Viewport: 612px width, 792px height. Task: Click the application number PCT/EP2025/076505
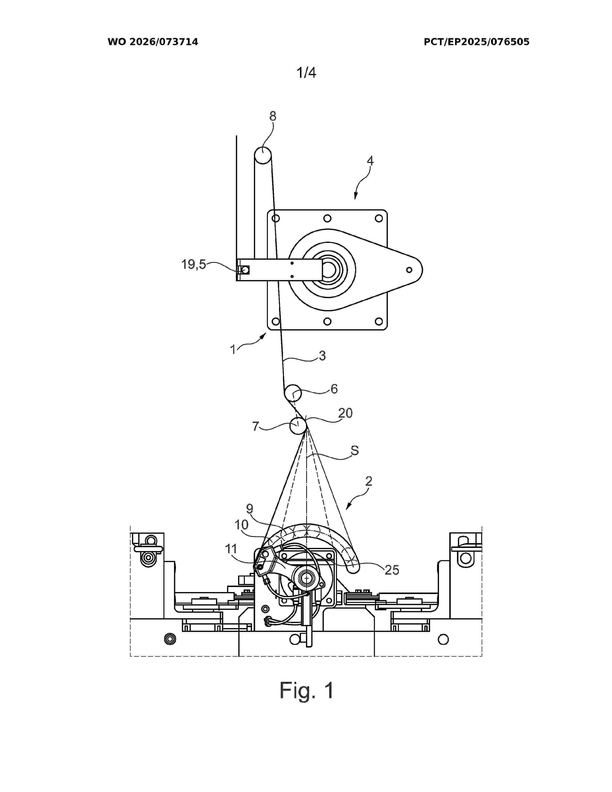tap(476, 42)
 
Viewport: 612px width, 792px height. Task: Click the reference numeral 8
tap(273, 116)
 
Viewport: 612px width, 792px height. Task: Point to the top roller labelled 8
tap(263, 156)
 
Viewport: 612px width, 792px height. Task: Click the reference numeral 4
tap(370, 161)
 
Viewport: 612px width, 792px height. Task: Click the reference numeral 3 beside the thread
tap(322, 356)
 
